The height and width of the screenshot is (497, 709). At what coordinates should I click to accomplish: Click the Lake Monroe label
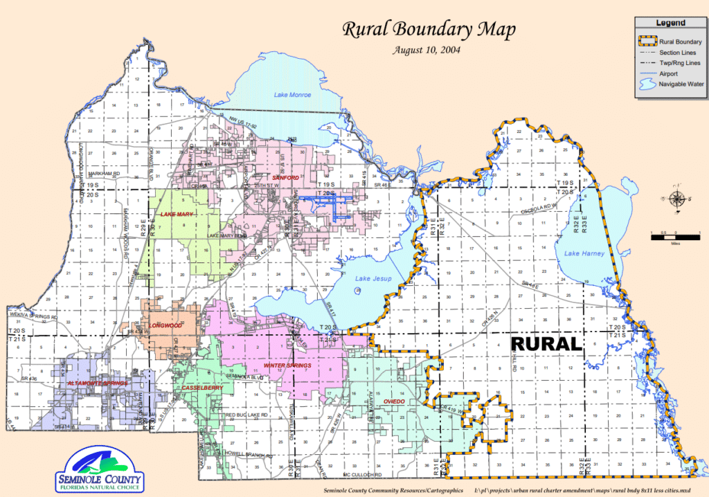(x=292, y=95)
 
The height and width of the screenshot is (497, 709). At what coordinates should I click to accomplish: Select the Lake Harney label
(x=584, y=253)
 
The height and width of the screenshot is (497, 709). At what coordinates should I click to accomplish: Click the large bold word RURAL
(x=546, y=344)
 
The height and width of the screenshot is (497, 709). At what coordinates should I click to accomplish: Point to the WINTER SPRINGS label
(x=287, y=365)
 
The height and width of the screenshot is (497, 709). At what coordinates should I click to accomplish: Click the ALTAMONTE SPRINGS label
(x=97, y=383)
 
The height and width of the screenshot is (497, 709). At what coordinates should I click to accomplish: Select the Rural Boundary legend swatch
(x=645, y=42)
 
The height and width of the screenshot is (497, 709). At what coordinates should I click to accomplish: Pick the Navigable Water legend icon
(x=645, y=84)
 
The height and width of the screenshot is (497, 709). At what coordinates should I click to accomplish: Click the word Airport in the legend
(x=669, y=73)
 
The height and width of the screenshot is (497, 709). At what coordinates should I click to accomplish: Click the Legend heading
(x=670, y=24)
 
